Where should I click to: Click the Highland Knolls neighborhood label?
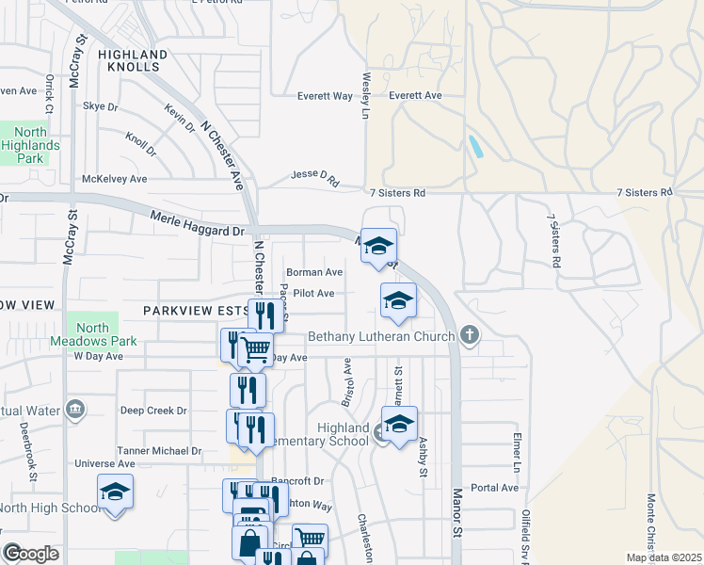pos(133,62)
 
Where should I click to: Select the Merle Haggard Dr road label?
pos(197,224)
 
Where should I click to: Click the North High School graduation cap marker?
pos(115,492)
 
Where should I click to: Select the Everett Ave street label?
pos(415,96)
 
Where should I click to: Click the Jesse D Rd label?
pos(314,178)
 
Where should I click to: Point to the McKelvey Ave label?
pos(115,178)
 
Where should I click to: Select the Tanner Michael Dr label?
pos(159,451)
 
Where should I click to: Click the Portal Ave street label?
pos(495,488)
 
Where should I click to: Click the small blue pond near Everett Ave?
pos(475,146)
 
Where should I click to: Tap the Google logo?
pos(31,554)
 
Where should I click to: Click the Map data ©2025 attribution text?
pos(664,557)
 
